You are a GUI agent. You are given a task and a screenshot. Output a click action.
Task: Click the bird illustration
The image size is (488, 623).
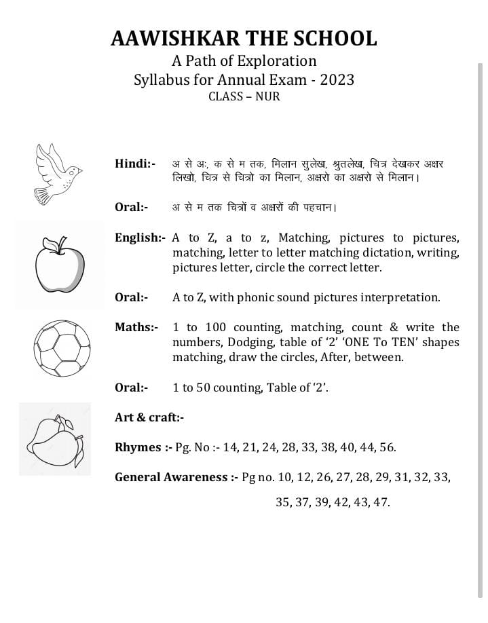pyautogui.click(x=58, y=173)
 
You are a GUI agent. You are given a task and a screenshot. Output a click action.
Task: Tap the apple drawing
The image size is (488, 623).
pyautogui.click(x=60, y=264)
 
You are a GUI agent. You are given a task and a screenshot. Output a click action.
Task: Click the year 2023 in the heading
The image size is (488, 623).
pyautogui.click(x=337, y=79)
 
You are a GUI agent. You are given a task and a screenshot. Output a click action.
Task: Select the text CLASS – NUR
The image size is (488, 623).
pyautogui.click(x=244, y=96)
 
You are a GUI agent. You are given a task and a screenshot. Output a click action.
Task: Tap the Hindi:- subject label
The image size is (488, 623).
pyautogui.click(x=134, y=164)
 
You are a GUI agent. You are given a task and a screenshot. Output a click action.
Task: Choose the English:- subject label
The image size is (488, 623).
pyautogui.click(x=140, y=238)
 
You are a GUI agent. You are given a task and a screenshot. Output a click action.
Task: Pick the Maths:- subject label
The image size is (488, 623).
pyautogui.click(x=136, y=327)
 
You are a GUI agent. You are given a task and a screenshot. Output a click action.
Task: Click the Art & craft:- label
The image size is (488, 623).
pyautogui.click(x=149, y=417)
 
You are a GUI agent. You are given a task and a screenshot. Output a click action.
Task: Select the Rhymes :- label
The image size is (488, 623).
pyautogui.click(x=143, y=447)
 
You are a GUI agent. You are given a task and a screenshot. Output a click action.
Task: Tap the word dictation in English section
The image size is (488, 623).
pyautogui.click(x=385, y=252)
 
